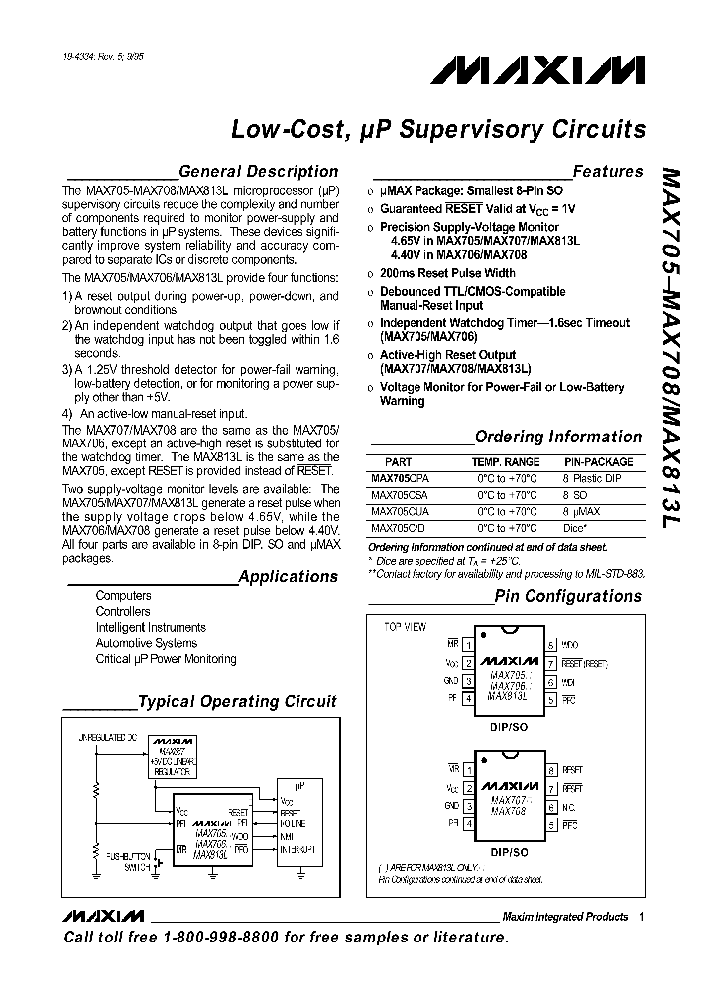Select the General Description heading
[258, 171]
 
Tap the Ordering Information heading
[558, 437]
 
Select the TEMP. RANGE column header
[506, 462]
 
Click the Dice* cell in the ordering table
[577, 527]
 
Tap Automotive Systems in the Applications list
[146, 643]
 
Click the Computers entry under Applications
[123, 595]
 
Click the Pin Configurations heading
[568, 596]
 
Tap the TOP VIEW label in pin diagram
[405, 627]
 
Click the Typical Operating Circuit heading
[237, 702]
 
